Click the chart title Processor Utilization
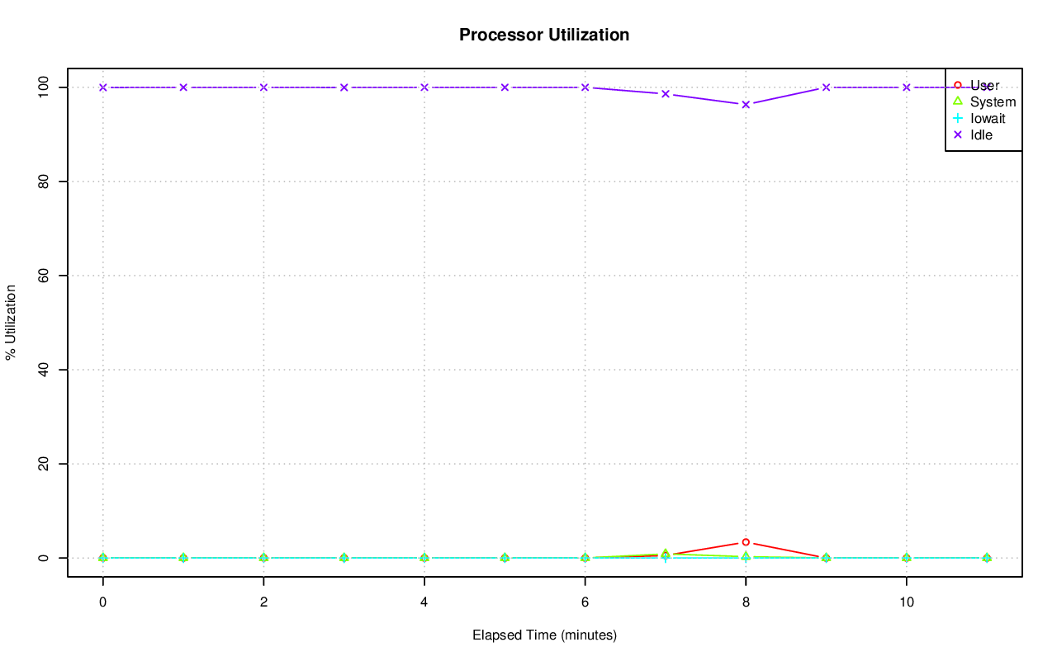coord(544,35)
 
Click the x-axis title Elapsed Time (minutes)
coord(544,635)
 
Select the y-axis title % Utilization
coord(11,322)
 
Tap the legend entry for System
coord(993,102)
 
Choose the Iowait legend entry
coord(988,118)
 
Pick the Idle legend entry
coord(981,135)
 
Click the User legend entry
coord(984,85)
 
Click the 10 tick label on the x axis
coord(907,603)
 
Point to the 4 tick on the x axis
coord(424,603)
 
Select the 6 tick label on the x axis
coord(585,603)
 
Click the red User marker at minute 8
coord(746,542)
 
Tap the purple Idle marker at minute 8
coord(746,105)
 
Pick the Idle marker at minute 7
coord(666,94)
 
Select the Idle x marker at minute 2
coord(263,87)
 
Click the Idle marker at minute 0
coord(103,87)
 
